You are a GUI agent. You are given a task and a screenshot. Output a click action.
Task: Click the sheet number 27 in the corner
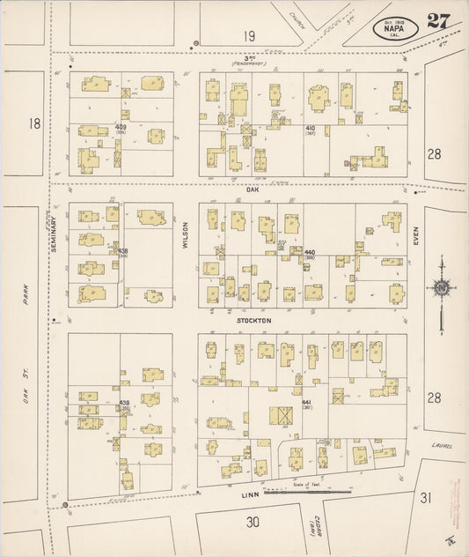tap(438, 21)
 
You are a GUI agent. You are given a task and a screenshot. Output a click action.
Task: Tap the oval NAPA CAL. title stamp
tap(395, 28)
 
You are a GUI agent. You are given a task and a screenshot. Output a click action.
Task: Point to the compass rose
tap(440, 286)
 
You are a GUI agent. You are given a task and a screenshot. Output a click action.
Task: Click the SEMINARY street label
tap(54, 236)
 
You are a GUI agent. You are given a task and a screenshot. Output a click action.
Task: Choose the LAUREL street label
tap(443, 446)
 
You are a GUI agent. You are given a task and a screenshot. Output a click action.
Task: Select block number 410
tap(310, 129)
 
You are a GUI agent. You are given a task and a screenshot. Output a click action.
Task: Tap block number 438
tap(123, 251)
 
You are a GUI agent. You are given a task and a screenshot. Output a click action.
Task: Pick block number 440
tap(309, 253)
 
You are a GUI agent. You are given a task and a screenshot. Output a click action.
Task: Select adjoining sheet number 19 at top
tap(250, 36)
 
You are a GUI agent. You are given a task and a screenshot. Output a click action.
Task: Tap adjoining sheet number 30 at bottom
tap(253, 522)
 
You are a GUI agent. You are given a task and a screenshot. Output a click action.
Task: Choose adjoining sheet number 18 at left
tap(34, 123)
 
